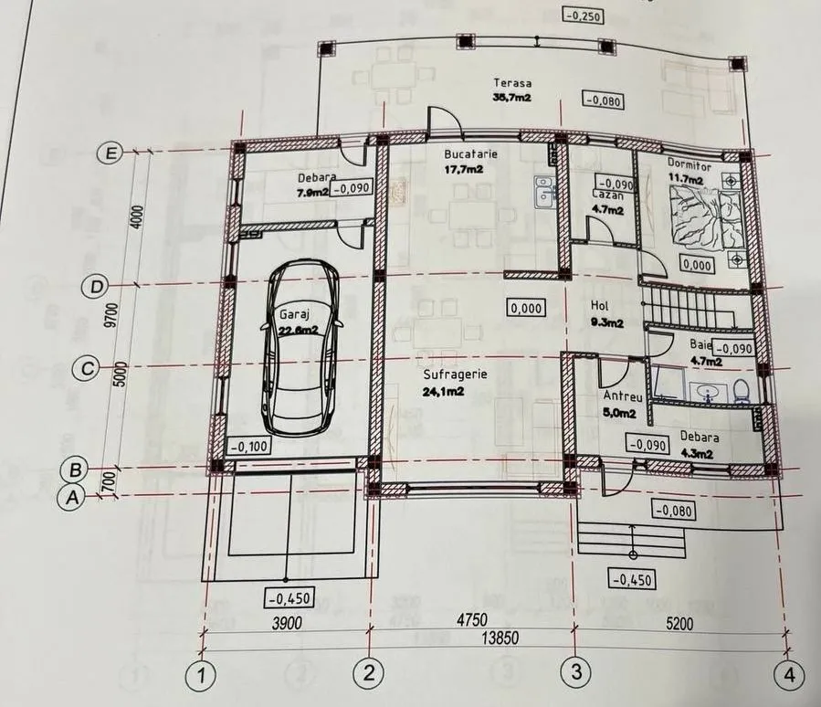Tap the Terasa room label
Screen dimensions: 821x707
pyautogui.click(x=512, y=83)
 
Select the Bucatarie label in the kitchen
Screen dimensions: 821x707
pyautogui.click(x=470, y=154)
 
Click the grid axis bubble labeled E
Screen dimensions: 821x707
pyautogui.click(x=111, y=153)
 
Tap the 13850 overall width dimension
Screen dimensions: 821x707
pyautogui.click(x=500, y=638)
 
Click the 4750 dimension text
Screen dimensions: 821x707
pyautogui.click(x=472, y=619)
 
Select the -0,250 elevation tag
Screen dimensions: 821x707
pyautogui.click(x=583, y=16)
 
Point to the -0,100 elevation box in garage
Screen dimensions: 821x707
pyautogui.click(x=249, y=446)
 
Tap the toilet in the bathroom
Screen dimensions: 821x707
pyautogui.click(x=741, y=391)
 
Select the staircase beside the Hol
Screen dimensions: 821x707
pyautogui.click(x=690, y=309)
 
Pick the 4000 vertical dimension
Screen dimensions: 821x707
pyautogui.click(x=137, y=218)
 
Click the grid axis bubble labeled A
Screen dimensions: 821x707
pyautogui.click(x=72, y=496)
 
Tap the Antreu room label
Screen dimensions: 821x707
pyautogui.click(x=623, y=396)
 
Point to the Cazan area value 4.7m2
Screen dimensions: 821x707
pyautogui.click(x=607, y=210)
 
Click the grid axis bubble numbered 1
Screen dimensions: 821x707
pyautogui.click(x=201, y=675)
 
